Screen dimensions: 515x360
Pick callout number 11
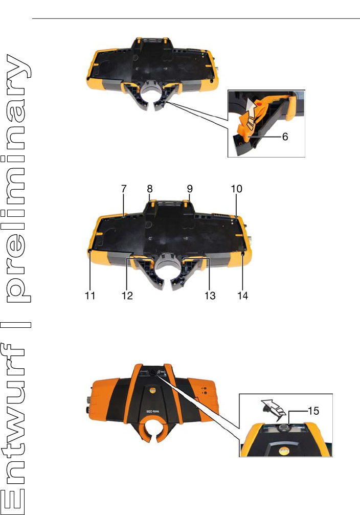91,296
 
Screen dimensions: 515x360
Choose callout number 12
127,296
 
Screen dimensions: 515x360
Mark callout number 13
210,296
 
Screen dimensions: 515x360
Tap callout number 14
242,296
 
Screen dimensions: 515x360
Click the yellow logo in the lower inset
279,450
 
